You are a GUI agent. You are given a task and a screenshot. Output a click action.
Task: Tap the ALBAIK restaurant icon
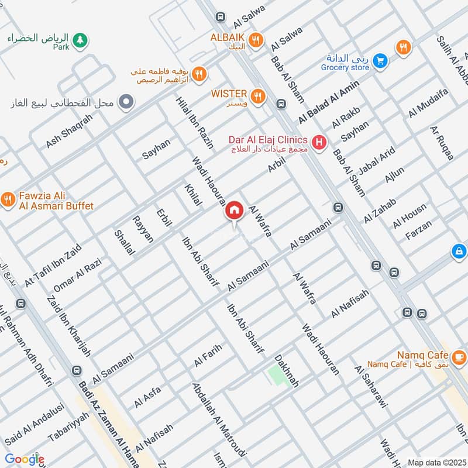click(x=254, y=40)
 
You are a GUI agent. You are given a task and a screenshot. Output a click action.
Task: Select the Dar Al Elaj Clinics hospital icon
click(x=319, y=142)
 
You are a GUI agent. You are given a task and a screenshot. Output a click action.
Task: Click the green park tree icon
click(x=81, y=40)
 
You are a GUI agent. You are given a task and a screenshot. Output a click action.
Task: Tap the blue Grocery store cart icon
click(x=380, y=60)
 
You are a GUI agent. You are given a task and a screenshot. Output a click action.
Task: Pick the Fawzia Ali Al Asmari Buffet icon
click(x=8, y=199)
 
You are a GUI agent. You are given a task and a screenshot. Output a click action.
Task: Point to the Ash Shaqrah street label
click(x=69, y=130)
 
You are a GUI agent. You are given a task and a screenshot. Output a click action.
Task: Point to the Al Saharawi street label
click(x=370, y=387)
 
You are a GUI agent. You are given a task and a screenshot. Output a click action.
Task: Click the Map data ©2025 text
click(x=436, y=462)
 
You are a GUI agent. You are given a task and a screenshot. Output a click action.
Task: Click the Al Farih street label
click(x=208, y=355)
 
